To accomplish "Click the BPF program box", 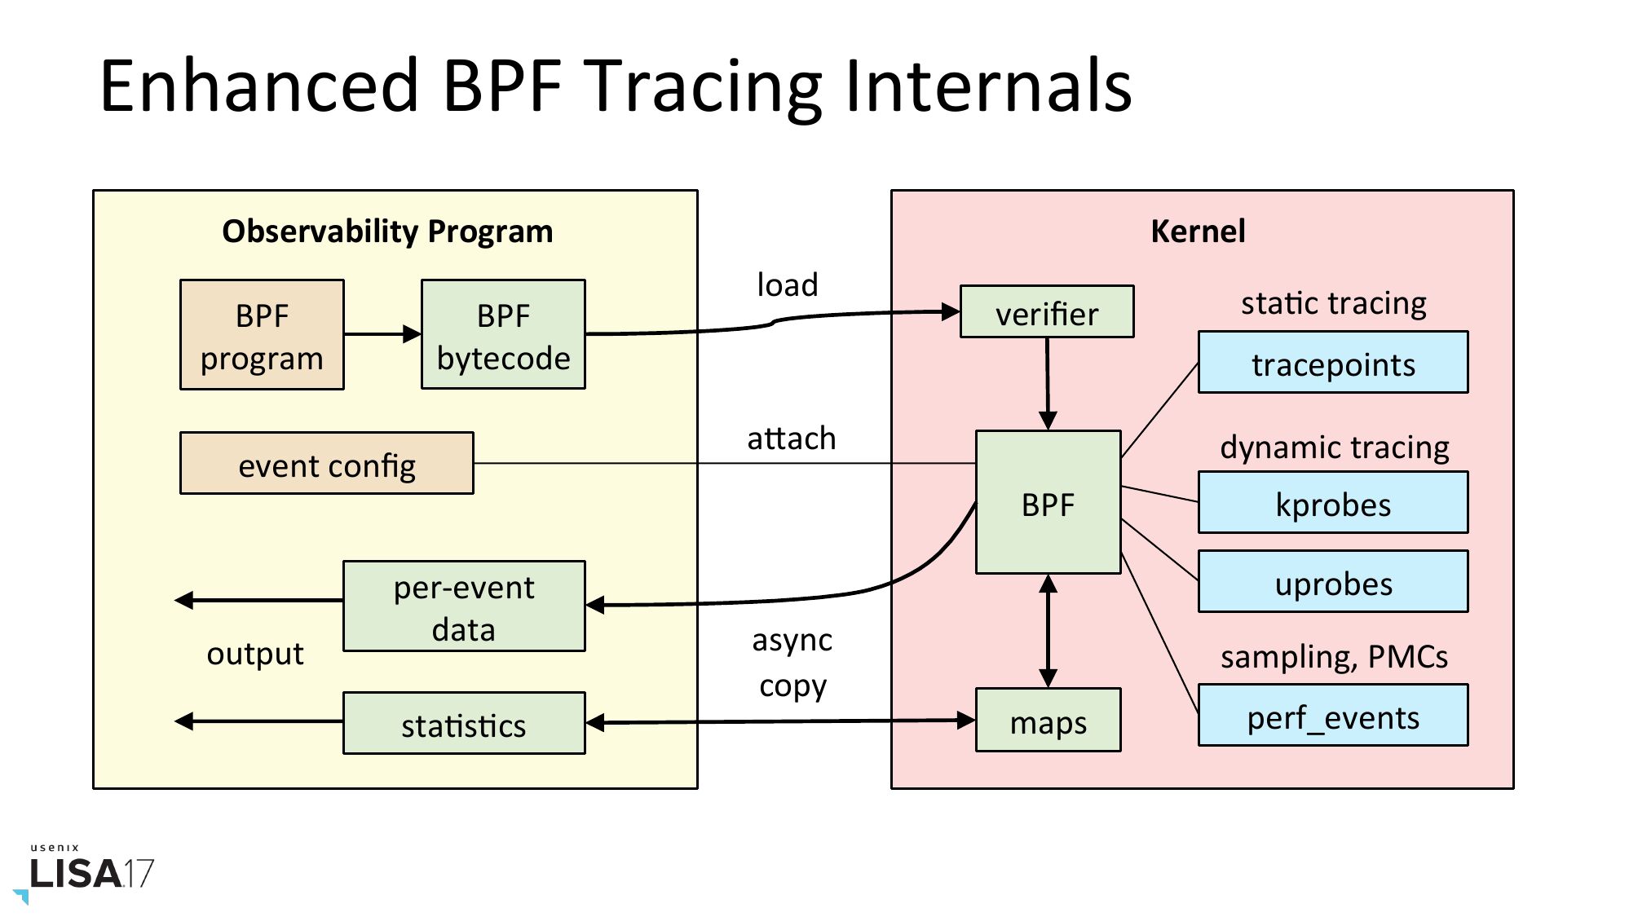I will tap(262, 335).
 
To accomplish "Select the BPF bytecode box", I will tap(503, 335).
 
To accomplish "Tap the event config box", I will tap(326, 463).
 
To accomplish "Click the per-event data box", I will tap(463, 606).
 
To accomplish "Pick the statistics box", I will tap(463, 724).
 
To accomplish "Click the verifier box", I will tap(1047, 312).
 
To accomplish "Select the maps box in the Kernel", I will tap(1048, 721).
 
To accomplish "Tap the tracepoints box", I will tap(1332, 363).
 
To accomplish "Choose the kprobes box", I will tap(1332, 503).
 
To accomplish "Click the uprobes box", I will tap(1332, 582).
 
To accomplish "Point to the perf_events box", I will tap(1332, 716).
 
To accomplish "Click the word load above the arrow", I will tap(787, 285).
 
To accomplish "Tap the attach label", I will tap(791, 439).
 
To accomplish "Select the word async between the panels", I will tap(792, 641).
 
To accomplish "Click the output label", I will tap(254, 654).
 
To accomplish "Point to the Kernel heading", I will tap(1198, 231).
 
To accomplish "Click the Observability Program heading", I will tap(387, 231).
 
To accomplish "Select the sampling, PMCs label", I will tap(1334, 657).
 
